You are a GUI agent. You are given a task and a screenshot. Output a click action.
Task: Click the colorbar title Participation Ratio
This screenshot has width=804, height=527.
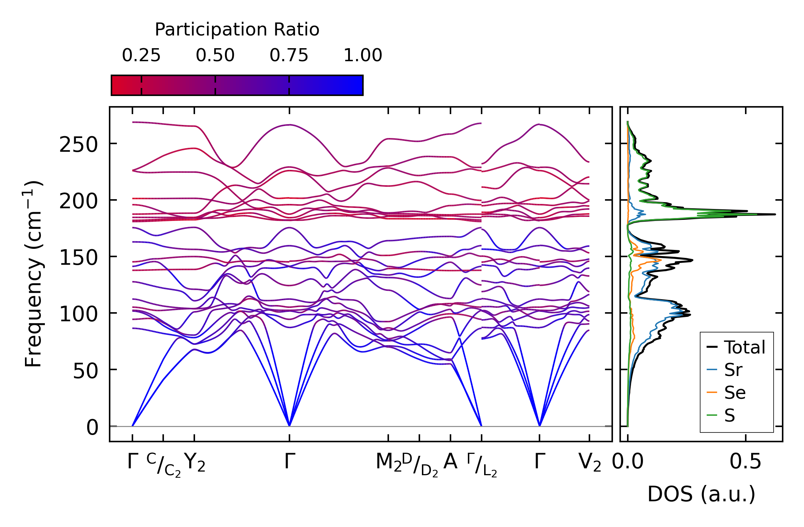[x=237, y=30]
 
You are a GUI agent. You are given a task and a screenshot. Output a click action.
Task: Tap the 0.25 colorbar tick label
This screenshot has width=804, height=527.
[x=141, y=56]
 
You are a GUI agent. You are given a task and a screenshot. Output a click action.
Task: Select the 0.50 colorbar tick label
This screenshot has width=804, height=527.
[x=215, y=56]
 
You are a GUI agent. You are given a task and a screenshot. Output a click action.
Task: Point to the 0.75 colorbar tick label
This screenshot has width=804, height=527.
[x=289, y=56]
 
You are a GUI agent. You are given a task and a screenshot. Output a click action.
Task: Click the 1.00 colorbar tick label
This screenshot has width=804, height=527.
[x=363, y=56]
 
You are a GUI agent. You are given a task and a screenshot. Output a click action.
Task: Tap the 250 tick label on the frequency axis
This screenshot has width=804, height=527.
[x=79, y=145]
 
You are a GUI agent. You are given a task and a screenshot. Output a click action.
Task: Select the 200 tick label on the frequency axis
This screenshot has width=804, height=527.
[x=79, y=201]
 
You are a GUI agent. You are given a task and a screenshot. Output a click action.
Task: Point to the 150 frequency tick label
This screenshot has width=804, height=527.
[x=79, y=258]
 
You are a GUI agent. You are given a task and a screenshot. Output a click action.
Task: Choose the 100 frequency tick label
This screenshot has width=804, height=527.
[x=79, y=314]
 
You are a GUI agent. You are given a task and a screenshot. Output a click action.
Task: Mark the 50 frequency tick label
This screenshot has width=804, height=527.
[x=85, y=371]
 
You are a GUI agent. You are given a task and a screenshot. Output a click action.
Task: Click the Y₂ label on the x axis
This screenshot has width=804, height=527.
[x=195, y=463]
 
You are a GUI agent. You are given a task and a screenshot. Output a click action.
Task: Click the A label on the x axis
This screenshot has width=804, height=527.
[x=450, y=462]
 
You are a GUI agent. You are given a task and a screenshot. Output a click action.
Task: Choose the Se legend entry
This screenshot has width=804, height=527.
[x=735, y=393]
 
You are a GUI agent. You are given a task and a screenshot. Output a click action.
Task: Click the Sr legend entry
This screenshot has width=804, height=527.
[x=733, y=370]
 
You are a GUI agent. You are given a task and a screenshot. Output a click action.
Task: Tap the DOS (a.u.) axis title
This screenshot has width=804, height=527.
[x=701, y=494]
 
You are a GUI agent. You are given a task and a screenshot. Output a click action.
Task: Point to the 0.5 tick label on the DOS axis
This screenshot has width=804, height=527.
[x=745, y=462]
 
